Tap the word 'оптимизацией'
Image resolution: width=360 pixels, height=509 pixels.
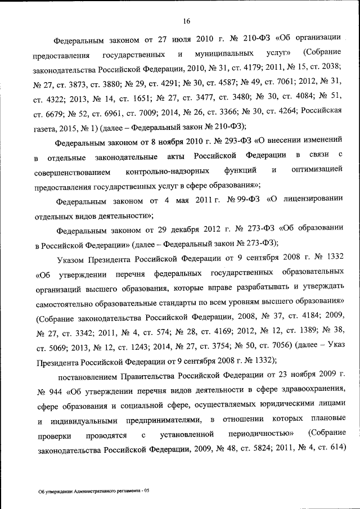(317, 170)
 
